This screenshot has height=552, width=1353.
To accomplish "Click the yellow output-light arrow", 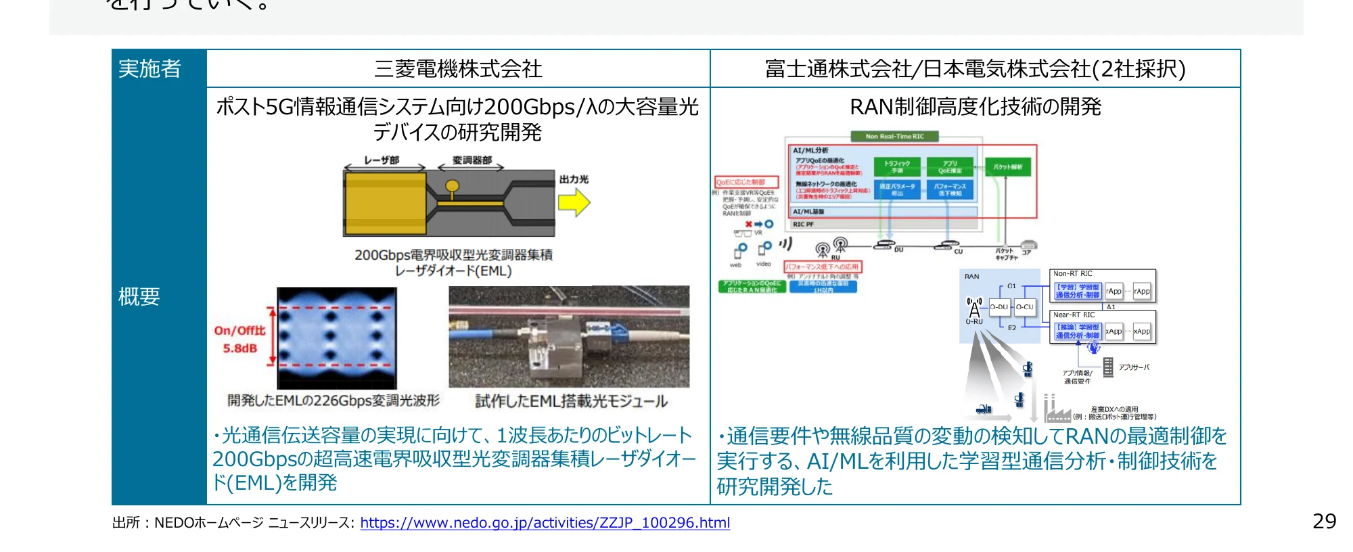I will click(x=574, y=202).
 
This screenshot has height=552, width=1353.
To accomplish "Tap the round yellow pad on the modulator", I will click(x=452, y=186).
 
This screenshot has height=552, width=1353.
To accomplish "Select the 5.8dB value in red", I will click(x=240, y=348).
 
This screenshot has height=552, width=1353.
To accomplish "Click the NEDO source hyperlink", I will click(x=545, y=523).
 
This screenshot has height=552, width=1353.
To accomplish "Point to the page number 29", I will click(x=1324, y=521).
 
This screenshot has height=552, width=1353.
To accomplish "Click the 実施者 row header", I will click(x=150, y=68).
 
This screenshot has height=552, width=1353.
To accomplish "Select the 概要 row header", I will click(x=139, y=296).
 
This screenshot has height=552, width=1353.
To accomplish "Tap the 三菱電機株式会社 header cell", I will click(x=458, y=68).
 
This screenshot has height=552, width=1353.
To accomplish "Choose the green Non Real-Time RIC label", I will click(x=894, y=136).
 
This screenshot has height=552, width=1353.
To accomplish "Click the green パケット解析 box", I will click(x=1008, y=166).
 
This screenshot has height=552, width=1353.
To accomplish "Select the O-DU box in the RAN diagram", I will click(x=999, y=307).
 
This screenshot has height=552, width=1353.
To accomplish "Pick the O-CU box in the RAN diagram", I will click(x=1024, y=307).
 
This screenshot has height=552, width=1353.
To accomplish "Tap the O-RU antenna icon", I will click(x=974, y=308).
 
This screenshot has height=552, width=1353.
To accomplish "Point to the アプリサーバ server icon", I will click(x=1108, y=367).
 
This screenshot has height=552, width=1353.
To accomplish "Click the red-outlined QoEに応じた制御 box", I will click(x=747, y=182).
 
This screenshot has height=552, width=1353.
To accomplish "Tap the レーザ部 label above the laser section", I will click(x=382, y=160).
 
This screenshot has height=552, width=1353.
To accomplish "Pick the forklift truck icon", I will click(x=984, y=409).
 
